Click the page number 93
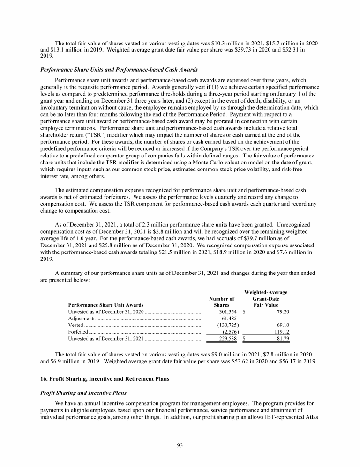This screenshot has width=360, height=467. coord(180,445)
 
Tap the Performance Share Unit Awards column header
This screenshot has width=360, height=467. coord(106,305)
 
